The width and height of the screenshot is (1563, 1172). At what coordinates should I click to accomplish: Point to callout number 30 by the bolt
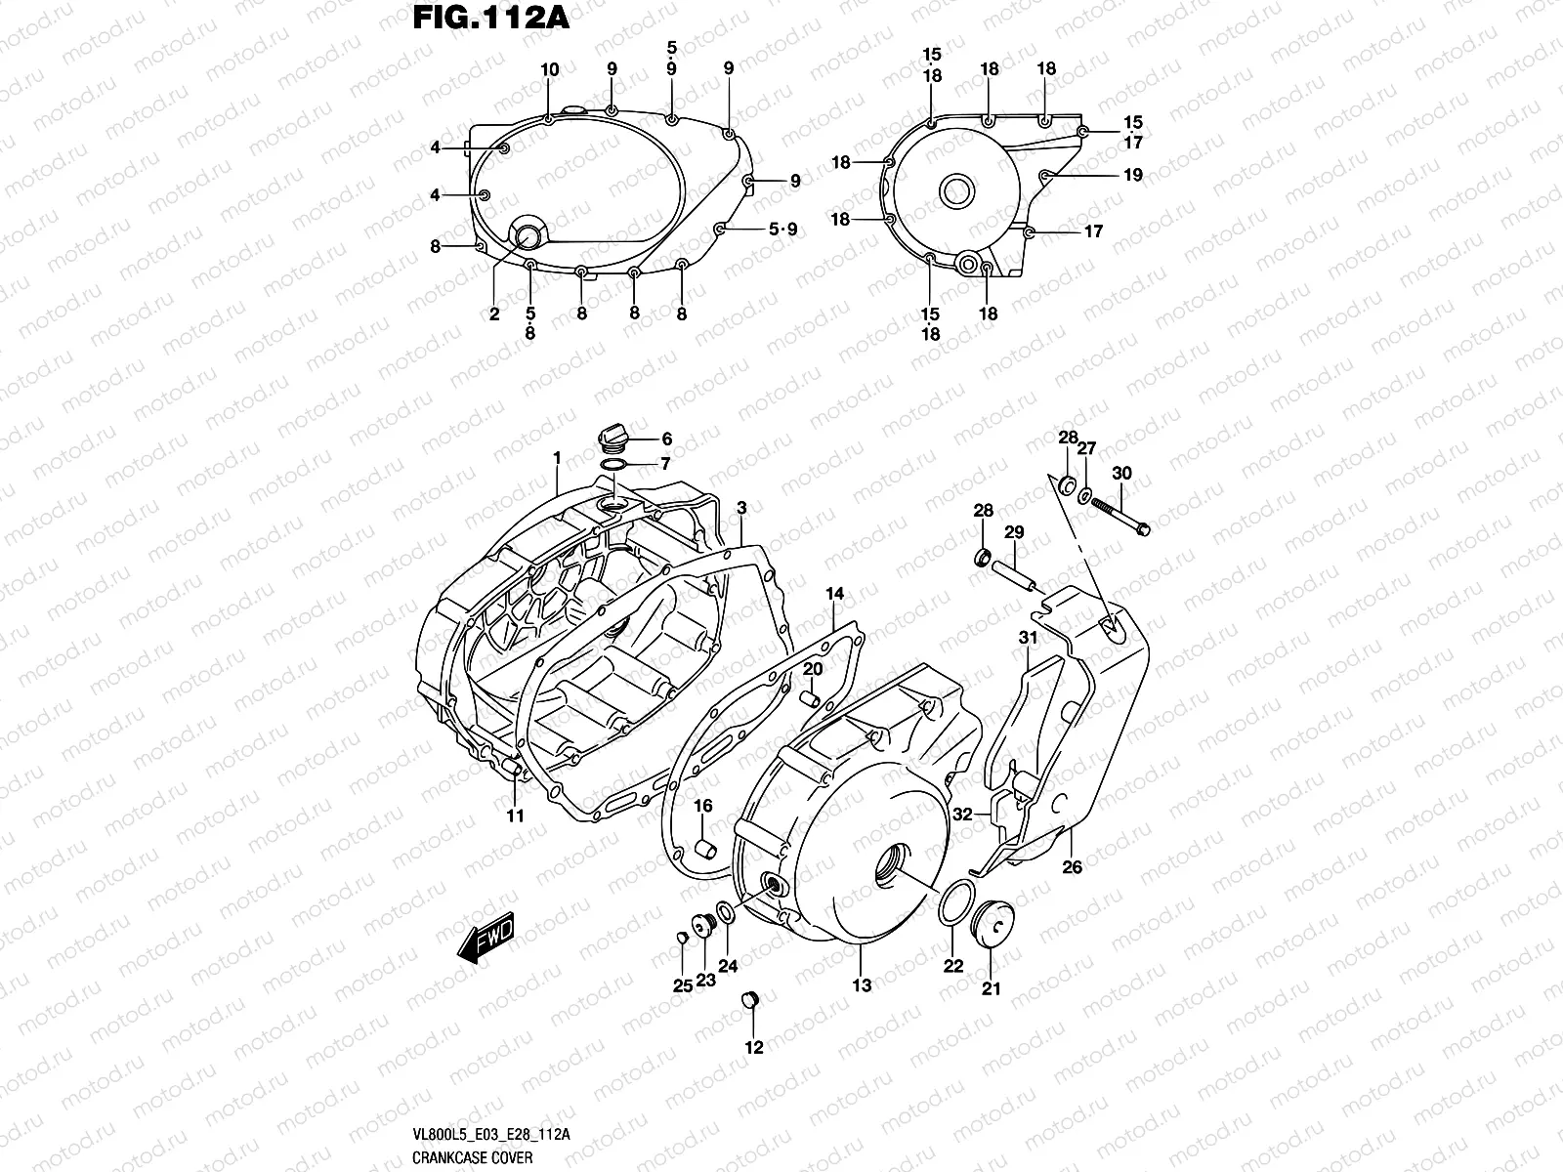(1121, 474)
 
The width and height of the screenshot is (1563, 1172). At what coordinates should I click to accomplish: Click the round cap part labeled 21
(993, 923)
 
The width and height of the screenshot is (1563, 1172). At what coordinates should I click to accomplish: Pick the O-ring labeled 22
(954, 905)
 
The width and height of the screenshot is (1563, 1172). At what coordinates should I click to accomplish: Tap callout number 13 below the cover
(862, 986)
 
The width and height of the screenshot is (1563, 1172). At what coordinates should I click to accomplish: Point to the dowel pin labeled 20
(809, 699)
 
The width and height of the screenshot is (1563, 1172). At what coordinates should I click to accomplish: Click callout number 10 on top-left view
(550, 69)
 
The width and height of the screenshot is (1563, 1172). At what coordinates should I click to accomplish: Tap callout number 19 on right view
(1132, 176)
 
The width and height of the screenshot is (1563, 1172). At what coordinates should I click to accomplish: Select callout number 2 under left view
(494, 314)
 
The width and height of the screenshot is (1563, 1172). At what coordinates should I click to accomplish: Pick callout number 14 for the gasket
(834, 594)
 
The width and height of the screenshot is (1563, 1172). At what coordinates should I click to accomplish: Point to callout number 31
(1028, 639)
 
